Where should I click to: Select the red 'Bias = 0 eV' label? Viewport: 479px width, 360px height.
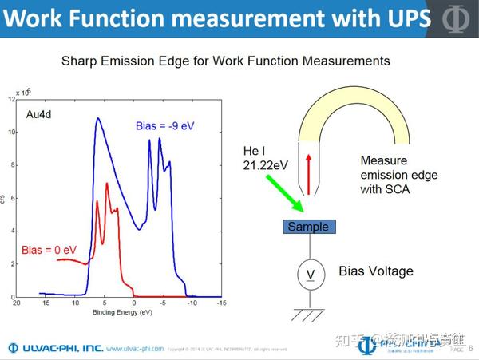[x=49, y=251]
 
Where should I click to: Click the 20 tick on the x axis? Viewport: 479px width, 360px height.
[x=17, y=304]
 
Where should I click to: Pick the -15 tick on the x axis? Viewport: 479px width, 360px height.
[x=221, y=304]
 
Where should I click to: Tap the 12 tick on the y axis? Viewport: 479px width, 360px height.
[x=10, y=99]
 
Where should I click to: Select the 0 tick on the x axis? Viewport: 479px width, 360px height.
[x=134, y=304]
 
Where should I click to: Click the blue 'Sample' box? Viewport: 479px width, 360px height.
[x=307, y=227]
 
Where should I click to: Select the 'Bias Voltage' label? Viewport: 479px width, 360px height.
[x=376, y=271]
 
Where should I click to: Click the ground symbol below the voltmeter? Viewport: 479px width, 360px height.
[x=307, y=314]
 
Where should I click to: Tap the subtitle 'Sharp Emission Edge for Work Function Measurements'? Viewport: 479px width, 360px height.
[x=226, y=61]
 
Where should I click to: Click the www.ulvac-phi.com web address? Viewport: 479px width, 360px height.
[x=135, y=349]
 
